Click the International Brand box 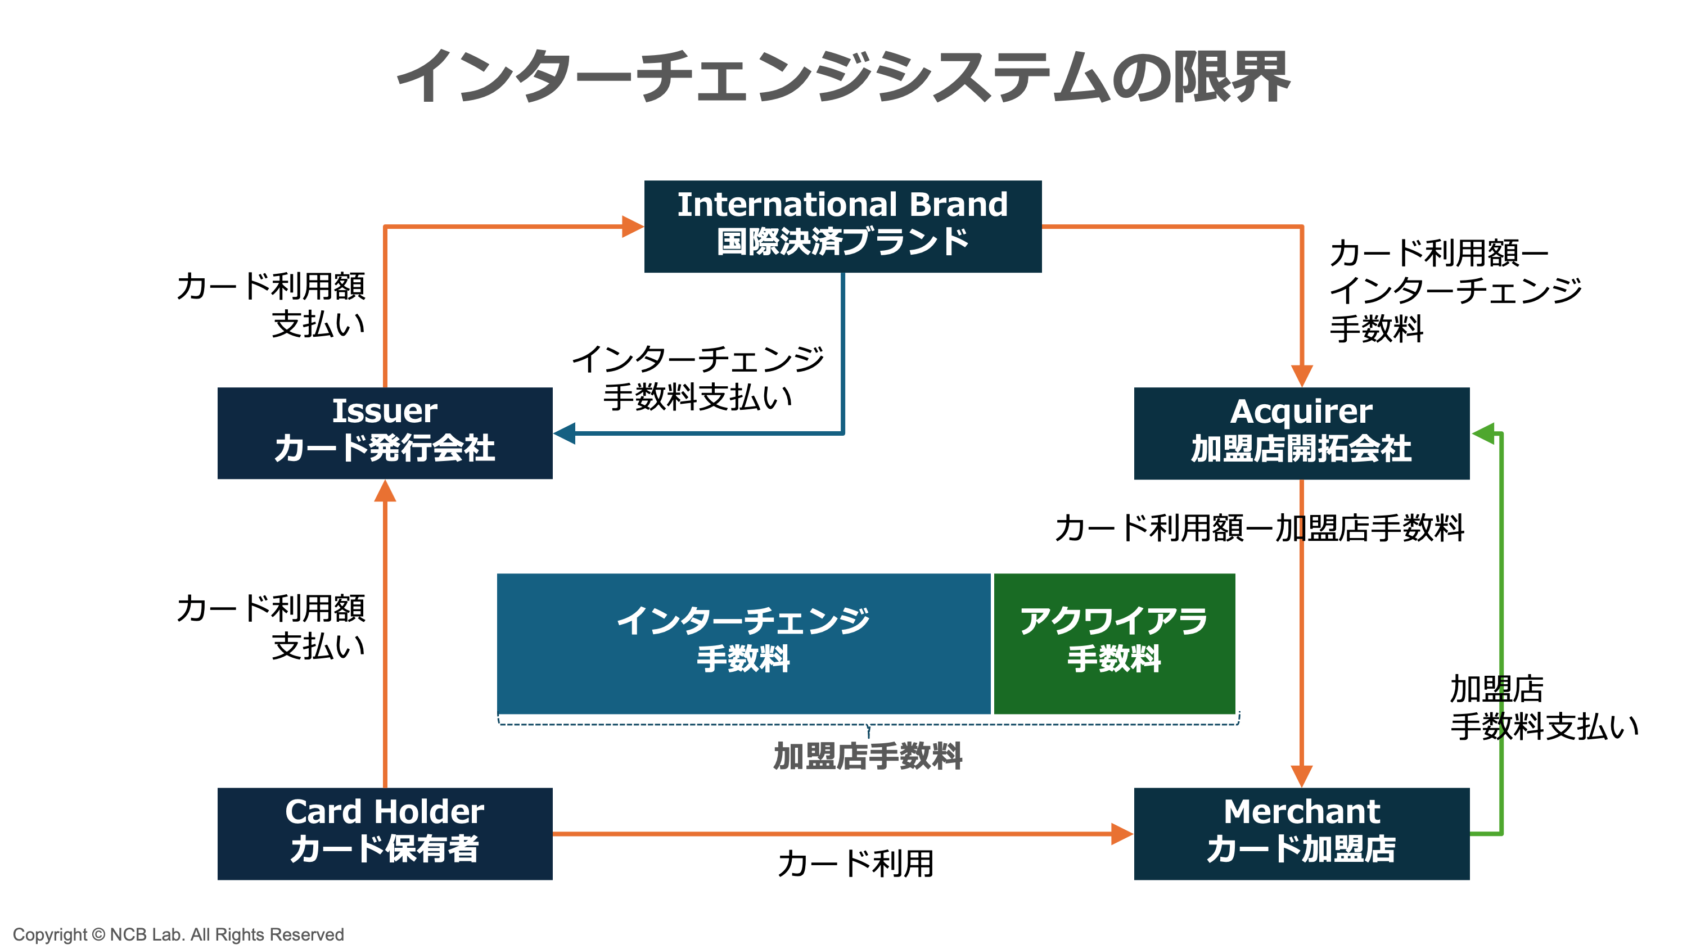[842, 226]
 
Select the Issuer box [385, 433]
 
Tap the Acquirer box [1301, 433]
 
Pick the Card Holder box [385, 833]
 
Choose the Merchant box [1301, 833]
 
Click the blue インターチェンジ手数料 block [743, 643]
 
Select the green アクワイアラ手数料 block [1113, 643]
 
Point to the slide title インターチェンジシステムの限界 [843, 77]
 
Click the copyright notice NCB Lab [178, 934]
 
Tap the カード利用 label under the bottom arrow [855, 863]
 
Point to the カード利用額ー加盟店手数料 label [1259, 528]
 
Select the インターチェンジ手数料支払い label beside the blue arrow [697, 378]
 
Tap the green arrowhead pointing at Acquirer [1484, 433]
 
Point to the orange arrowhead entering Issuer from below [385, 492]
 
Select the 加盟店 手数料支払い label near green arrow [1542, 707]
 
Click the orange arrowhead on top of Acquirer [1301, 376]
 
